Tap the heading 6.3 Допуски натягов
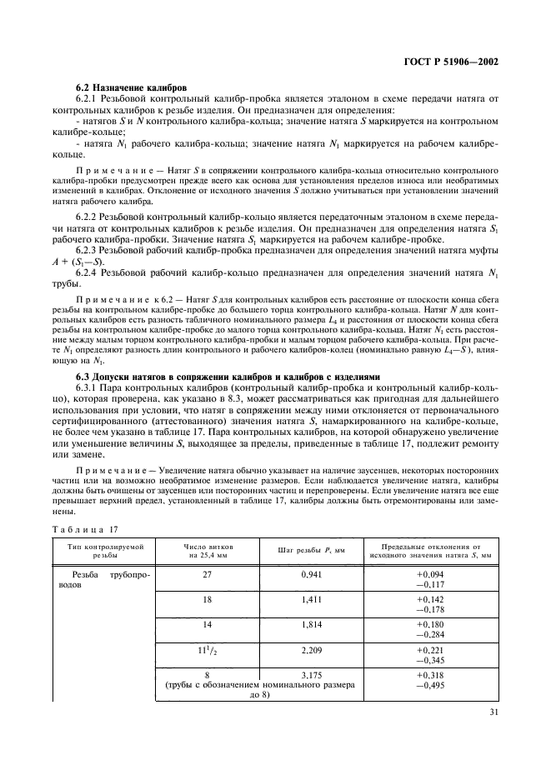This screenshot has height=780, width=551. point(228,376)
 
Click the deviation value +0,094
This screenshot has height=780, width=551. point(430,575)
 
